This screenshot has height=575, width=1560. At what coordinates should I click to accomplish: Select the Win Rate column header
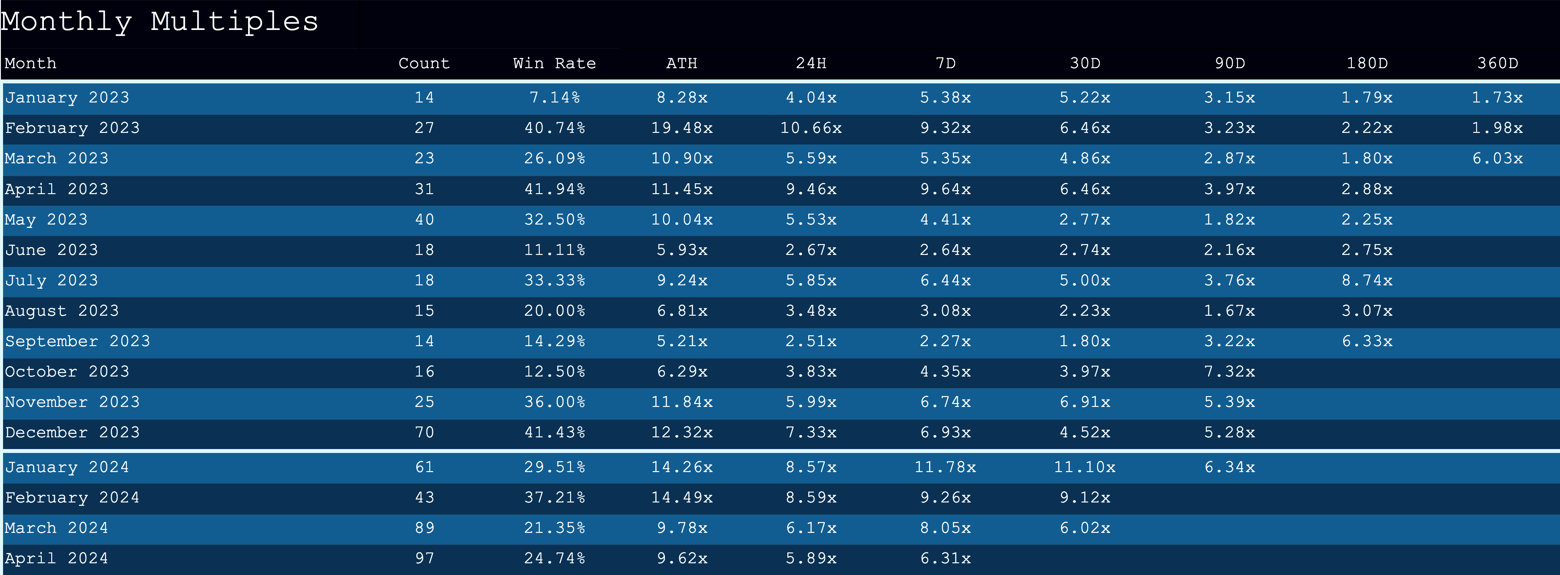coord(554,63)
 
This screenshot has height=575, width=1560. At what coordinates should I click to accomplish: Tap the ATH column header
coord(682,63)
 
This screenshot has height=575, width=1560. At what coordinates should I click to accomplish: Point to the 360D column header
coord(1497,63)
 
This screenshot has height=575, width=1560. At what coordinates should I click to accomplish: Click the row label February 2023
coord(72,128)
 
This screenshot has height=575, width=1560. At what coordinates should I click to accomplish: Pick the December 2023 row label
coord(72,433)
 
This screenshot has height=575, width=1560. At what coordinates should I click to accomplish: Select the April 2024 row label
coord(56,558)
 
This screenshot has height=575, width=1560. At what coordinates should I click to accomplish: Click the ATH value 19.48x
coord(682,128)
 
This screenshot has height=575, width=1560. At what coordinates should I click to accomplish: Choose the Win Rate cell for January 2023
coord(554,97)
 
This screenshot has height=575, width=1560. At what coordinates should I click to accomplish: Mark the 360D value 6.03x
coord(1497,159)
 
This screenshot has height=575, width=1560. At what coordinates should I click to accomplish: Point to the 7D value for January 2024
coord(945,467)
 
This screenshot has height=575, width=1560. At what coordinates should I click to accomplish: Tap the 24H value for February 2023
coord(811,128)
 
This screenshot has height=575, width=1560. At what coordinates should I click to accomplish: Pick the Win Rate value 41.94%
coord(554,189)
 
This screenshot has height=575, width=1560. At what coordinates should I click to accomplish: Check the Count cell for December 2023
coord(425,433)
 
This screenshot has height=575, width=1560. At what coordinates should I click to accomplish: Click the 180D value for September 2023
coord(1367,341)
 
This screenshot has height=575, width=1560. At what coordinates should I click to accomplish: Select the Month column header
coord(30,63)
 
